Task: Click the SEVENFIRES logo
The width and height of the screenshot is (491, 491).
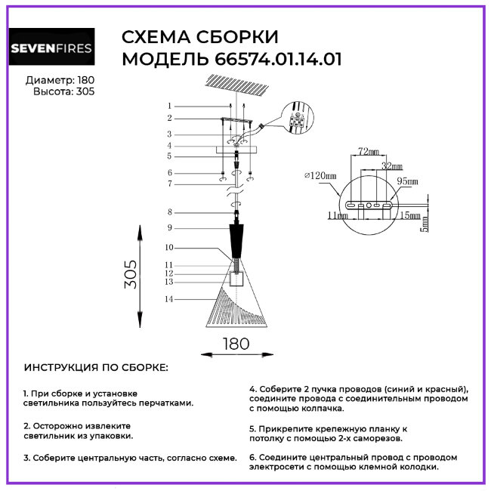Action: coord(51,46)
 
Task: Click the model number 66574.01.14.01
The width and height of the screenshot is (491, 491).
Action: coord(278,59)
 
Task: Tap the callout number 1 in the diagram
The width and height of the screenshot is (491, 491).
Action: coord(169,106)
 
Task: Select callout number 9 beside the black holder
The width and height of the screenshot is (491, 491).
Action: coord(169,227)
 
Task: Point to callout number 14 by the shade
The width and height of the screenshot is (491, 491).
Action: coord(169,299)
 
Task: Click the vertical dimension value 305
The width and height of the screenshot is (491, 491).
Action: coord(131,274)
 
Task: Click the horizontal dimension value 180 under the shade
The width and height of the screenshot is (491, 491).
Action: coord(236,344)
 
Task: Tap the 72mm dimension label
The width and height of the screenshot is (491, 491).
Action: coord(369,152)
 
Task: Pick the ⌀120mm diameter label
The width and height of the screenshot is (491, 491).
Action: coord(320,175)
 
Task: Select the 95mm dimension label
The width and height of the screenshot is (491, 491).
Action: coord(407,181)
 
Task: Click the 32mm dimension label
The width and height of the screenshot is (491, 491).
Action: coord(392,165)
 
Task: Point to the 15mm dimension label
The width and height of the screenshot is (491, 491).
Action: coord(410,215)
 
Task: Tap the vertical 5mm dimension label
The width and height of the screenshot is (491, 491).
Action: coord(425,224)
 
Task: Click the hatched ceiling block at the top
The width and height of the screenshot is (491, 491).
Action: coord(237,84)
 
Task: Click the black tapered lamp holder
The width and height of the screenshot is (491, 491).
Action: coord(236,240)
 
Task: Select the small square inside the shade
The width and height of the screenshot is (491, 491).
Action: coord(236,279)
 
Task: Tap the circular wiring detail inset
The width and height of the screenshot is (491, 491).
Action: coord(297,118)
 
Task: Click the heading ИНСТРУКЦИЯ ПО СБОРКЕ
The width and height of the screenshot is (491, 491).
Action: coord(96,367)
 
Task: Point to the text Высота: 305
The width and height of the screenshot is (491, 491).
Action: coord(64,91)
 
